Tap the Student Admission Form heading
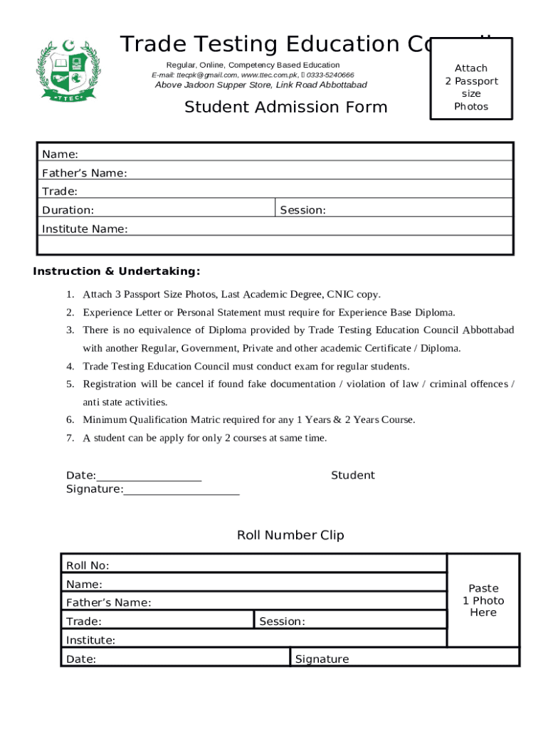click(286, 107)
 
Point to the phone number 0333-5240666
click(330, 75)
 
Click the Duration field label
click(68, 210)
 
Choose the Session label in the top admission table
click(303, 210)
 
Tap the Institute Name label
click(85, 229)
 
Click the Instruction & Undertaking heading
click(117, 271)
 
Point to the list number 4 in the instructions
click(70, 367)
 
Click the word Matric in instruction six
click(174, 420)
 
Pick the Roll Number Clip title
click(290, 535)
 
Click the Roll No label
click(88, 566)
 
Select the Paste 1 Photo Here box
click(483, 600)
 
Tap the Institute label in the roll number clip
click(90, 640)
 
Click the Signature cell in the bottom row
click(322, 659)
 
